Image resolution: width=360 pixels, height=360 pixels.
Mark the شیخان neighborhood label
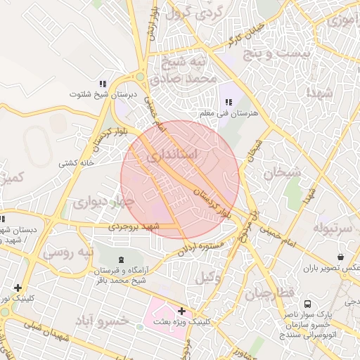[282, 172]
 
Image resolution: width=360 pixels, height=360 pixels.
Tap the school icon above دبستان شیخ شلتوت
[103, 83]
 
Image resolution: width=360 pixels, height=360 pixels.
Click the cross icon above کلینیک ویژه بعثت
[181, 310]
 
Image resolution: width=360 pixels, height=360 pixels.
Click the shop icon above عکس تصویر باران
[341, 257]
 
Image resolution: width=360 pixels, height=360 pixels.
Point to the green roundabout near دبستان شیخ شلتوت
[140, 77]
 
